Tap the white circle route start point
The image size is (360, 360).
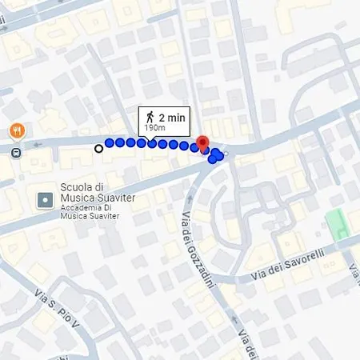(98, 147)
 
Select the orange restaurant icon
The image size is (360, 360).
(15, 130)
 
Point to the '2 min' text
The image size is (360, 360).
(171, 117)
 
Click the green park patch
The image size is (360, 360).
(338, 222)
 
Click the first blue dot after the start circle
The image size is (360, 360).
(109, 143)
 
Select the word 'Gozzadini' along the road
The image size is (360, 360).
(210, 264)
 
